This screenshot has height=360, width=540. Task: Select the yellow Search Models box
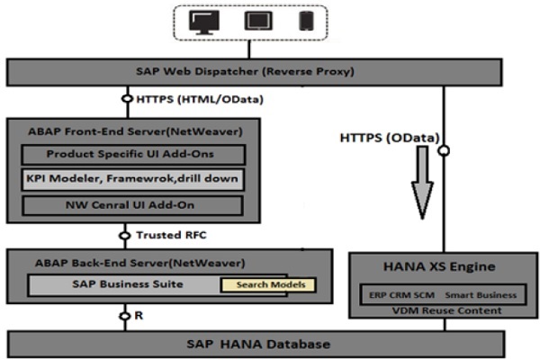[x=268, y=285]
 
